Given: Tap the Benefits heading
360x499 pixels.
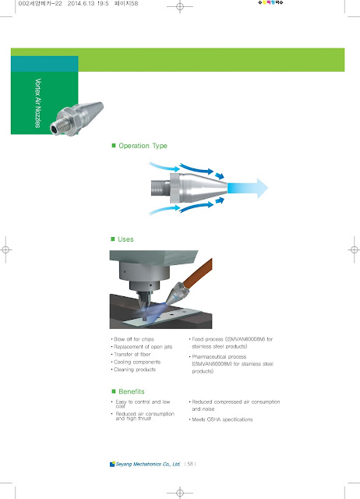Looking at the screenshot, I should tap(134, 391).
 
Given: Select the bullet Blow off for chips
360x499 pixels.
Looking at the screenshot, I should tap(132, 339).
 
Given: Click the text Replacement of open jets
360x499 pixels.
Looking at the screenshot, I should tap(140, 347).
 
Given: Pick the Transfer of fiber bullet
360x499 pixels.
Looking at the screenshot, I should tap(133, 355).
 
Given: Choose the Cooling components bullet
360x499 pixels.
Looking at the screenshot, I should tap(136, 363).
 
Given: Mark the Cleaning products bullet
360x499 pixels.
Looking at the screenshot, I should tap(134, 370).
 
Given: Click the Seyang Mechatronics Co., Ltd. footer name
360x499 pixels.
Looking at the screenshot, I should tap(149, 464).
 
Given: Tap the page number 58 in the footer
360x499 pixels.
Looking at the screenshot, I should tap(190, 464).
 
